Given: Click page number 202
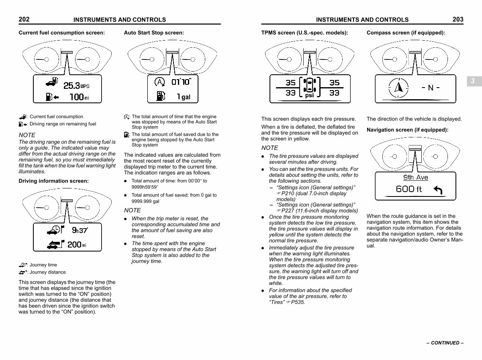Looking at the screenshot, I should (x=24, y=19).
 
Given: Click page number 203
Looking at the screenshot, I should (x=457, y=19).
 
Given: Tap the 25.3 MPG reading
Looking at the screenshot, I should (x=76, y=85).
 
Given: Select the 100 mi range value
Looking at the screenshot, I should (x=79, y=97).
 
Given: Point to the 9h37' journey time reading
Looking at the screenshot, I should (x=80, y=230).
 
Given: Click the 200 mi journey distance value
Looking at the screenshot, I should (x=77, y=244).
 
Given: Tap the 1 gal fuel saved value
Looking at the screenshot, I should (x=184, y=97).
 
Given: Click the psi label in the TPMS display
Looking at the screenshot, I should (x=309, y=96).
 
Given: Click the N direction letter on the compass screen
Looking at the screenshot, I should (x=431, y=88).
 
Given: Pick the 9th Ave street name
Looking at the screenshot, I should (x=415, y=178).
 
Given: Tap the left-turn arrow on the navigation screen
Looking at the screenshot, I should (x=438, y=190).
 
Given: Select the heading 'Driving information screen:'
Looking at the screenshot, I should (x=54, y=181).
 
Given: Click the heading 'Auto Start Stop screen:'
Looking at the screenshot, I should (x=154, y=33).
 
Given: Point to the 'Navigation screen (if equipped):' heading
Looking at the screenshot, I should (x=407, y=130).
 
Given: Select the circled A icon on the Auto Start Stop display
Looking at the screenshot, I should (x=159, y=82).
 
